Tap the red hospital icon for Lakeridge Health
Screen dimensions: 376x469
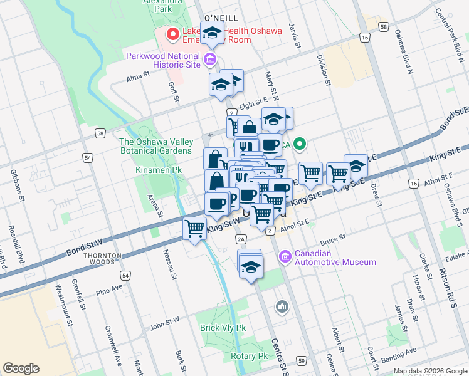171,34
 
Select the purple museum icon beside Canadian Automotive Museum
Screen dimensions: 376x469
285,257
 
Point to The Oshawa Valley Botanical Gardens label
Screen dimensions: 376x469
156,146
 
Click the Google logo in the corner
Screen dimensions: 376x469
21,368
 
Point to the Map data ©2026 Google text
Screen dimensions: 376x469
429,371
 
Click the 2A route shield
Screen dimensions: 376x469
240,239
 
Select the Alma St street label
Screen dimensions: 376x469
138,75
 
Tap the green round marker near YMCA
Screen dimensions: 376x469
299,145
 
